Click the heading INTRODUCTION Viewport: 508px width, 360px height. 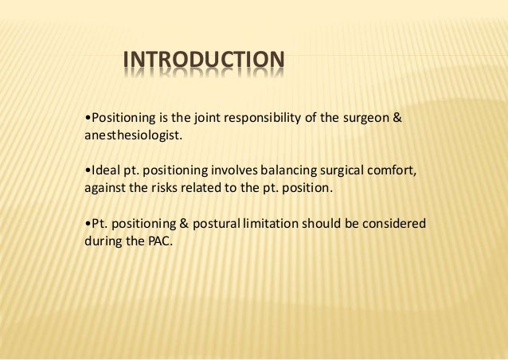pos(203,60)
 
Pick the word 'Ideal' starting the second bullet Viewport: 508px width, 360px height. pos(104,171)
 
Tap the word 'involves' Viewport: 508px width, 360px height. pos(231,171)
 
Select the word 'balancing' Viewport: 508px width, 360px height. pos(283,171)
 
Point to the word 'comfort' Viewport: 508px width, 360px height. pos(390,171)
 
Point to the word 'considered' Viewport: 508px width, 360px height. pos(396,224)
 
